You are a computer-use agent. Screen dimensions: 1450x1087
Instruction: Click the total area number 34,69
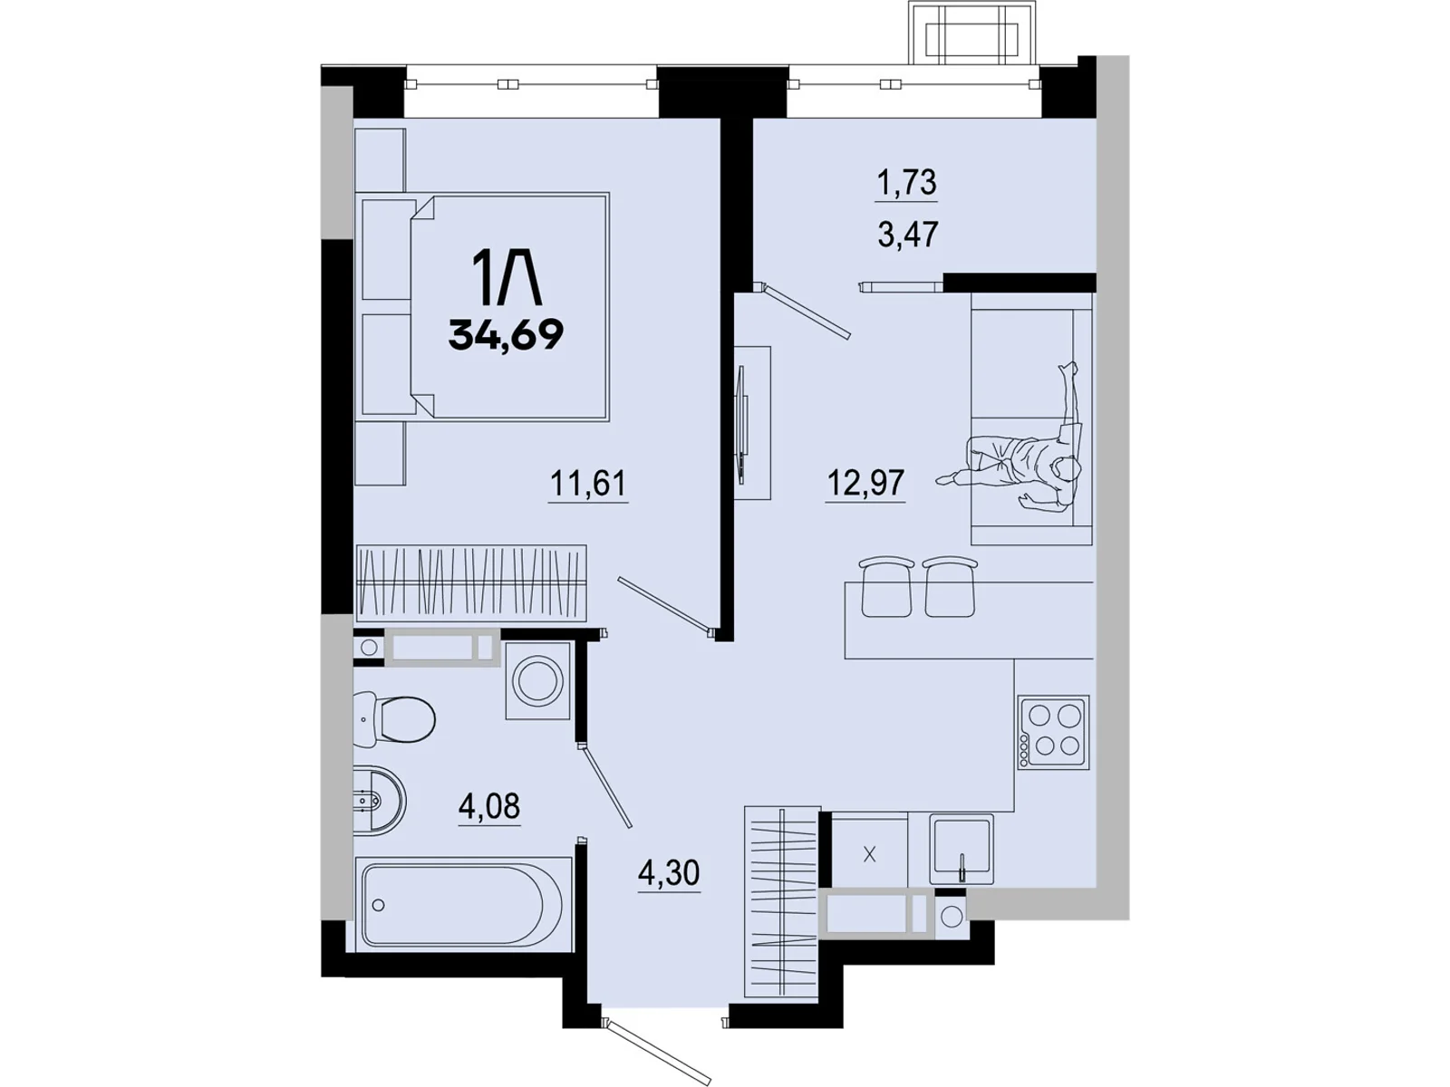coord(506,335)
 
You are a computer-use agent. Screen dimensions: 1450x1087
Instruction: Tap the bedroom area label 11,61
coord(587,483)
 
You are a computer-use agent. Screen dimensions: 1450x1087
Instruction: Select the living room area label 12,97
coord(865,483)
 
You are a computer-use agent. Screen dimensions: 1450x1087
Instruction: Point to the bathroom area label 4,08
coord(488,806)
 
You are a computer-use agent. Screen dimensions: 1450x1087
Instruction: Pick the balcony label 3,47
coord(908,234)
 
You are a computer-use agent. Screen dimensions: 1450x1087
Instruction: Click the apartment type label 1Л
coord(506,278)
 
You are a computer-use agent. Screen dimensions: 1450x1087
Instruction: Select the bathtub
coord(463,903)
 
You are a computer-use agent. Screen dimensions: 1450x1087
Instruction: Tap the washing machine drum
coord(537,679)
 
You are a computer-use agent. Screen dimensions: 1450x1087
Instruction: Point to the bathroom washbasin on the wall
coord(379,801)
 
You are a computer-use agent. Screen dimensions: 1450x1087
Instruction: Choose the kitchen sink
coord(962,849)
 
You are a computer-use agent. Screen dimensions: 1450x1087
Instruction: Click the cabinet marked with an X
coord(869,855)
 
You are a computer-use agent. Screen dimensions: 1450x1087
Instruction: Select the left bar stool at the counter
coord(887,586)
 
